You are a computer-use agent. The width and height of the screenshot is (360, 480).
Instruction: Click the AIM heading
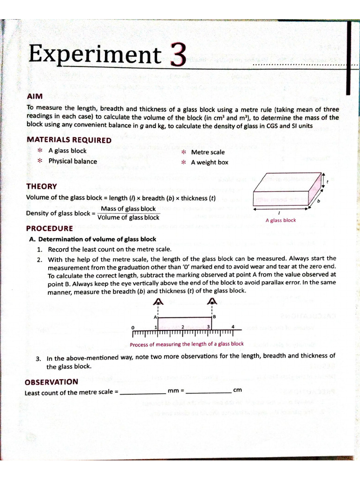[x=35, y=96]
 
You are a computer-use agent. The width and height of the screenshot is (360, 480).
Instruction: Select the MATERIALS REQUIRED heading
[x=69, y=140]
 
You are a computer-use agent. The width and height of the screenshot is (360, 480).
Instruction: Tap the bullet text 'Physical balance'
[x=73, y=161]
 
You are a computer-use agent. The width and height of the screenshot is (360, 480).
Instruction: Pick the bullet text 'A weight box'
[x=210, y=162]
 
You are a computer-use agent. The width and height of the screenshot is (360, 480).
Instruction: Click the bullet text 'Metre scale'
[x=208, y=152]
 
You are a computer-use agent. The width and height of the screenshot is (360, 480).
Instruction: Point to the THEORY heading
[x=42, y=186]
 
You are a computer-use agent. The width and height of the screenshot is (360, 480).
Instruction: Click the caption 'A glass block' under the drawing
[x=281, y=220]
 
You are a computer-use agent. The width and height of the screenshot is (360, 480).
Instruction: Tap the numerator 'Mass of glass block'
[x=128, y=209]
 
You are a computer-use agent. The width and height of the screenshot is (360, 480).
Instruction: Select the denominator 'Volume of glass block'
[x=128, y=217]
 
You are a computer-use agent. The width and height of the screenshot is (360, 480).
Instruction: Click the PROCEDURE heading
[x=49, y=229]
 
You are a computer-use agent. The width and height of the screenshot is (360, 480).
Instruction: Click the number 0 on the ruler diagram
[x=133, y=327]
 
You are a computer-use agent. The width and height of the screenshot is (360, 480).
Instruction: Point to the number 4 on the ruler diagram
[x=233, y=326]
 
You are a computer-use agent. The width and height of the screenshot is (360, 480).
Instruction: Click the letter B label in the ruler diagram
[x=215, y=317]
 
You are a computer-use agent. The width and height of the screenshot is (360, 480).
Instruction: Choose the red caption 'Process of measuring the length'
[x=187, y=344]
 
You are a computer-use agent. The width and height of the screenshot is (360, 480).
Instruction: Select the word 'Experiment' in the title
[x=94, y=54]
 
